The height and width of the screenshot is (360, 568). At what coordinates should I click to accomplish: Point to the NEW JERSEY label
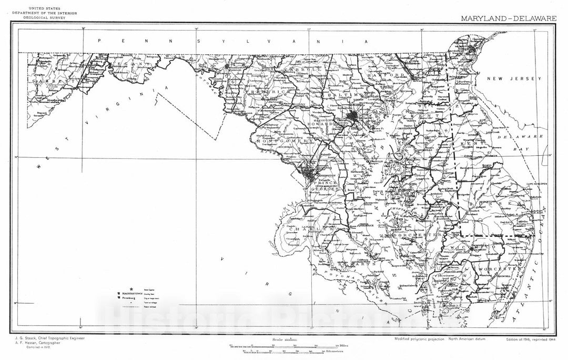pyautogui.click(x=513, y=78)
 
